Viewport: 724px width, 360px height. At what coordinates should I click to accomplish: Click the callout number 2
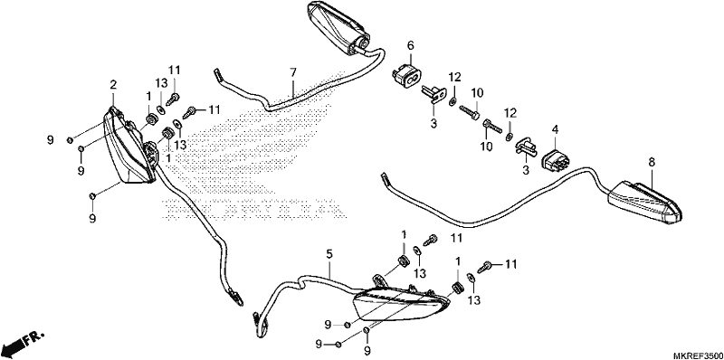[x=113, y=84]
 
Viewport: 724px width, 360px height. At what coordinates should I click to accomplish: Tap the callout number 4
[x=555, y=129]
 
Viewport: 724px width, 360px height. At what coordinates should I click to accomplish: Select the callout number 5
[x=329, y=254]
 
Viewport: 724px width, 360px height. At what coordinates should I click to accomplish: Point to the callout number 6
[x=411, y=45]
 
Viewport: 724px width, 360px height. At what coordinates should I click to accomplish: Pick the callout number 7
[x=293, y=72]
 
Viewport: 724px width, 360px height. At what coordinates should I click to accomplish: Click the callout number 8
[x=652, y=162]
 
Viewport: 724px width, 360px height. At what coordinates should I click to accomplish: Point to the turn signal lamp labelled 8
[x=644, y=204]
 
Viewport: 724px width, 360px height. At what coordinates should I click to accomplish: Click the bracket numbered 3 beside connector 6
[x=433, y=92]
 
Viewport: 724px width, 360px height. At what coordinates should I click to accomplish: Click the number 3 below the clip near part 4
[x=526, y=171]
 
